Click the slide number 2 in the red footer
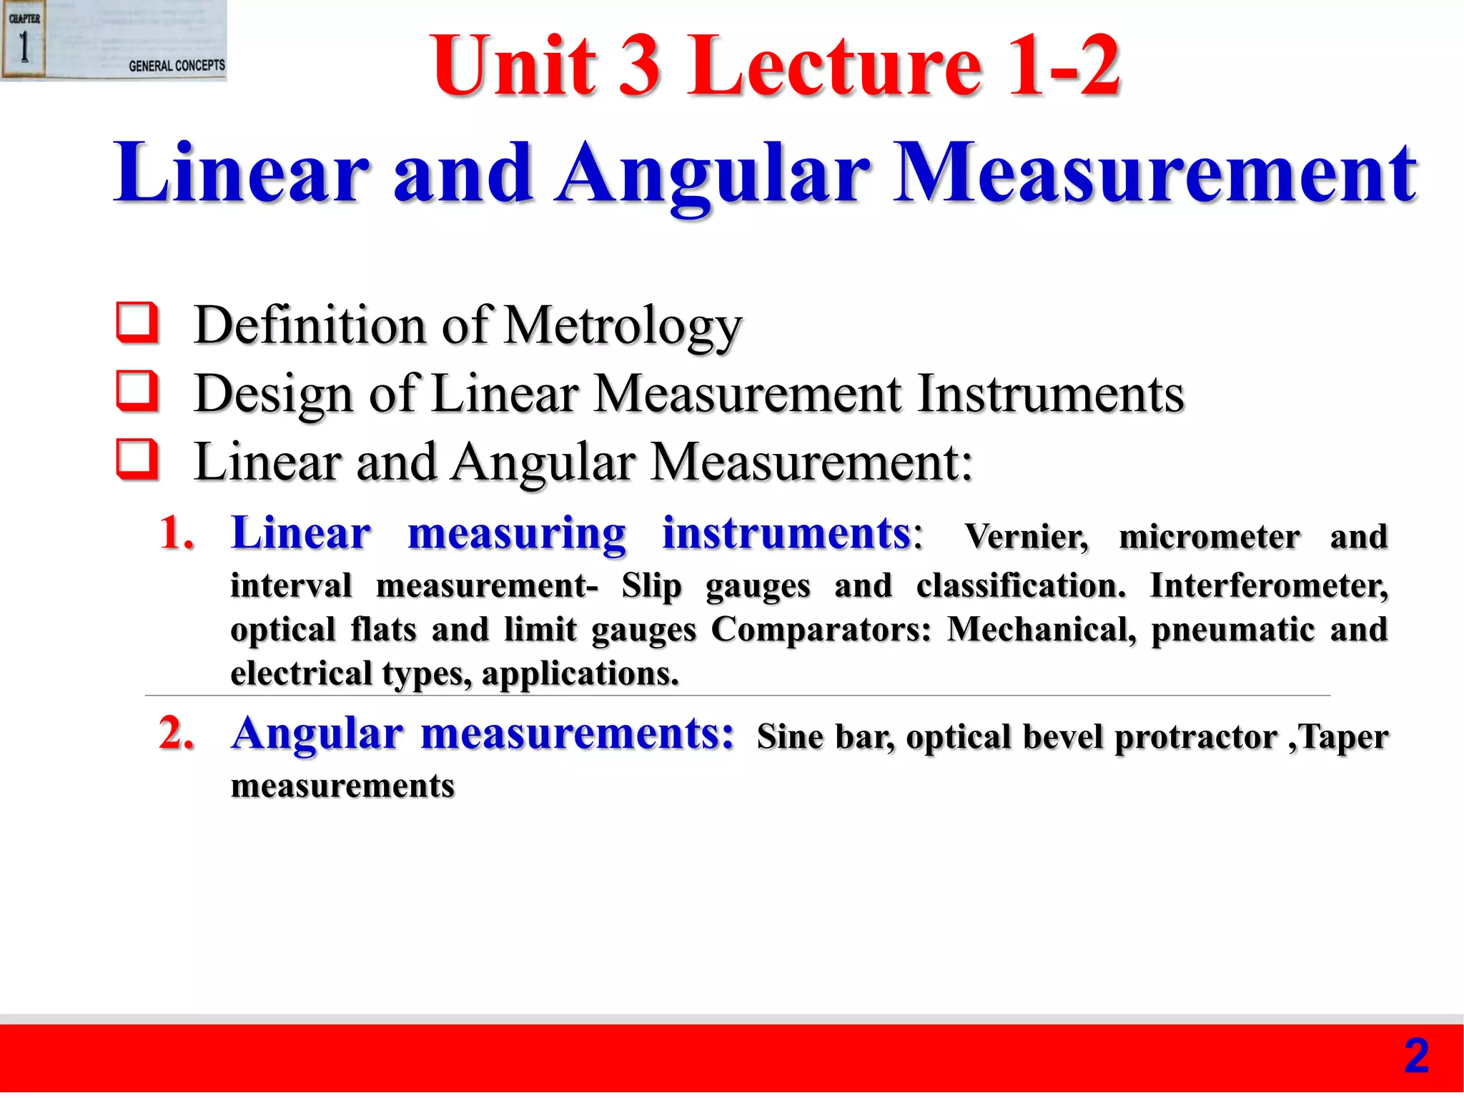[1416, 1057]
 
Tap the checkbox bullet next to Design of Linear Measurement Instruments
[137, 392]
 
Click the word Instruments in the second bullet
[1050, 394]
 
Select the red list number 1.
[176, 533]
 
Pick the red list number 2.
[176, 733]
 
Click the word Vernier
[1027, 537]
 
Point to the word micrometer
[1209, 537]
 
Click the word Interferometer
[1268, 586]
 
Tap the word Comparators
[821, 630]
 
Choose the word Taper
[1343, 737]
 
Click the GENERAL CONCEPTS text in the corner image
[177, 66]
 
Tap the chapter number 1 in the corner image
[24, 48]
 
